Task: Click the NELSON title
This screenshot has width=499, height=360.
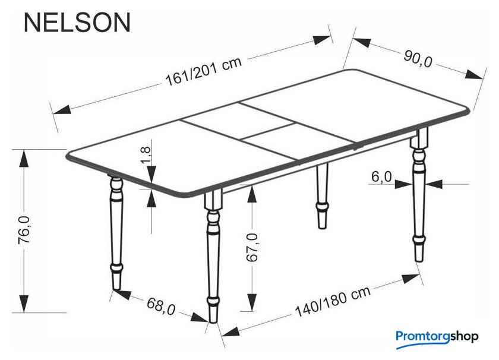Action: [77, 23]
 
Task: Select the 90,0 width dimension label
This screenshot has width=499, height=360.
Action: [418, 59]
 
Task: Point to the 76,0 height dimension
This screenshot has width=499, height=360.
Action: [24, 230]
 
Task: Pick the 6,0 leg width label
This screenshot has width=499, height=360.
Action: [381, 177]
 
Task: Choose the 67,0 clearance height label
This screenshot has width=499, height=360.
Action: [252, 247]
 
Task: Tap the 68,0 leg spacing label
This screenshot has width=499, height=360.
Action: [161, 306]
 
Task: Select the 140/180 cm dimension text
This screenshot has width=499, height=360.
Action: [333, 301]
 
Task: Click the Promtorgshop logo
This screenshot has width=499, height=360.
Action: [437, 337]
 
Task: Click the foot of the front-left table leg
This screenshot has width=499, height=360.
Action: [117, 282]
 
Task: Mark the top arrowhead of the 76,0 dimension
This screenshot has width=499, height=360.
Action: [24, 158]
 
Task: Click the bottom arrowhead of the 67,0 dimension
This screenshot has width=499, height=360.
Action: [252, 302]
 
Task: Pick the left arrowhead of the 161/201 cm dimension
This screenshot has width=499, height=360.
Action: [62, 109]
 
